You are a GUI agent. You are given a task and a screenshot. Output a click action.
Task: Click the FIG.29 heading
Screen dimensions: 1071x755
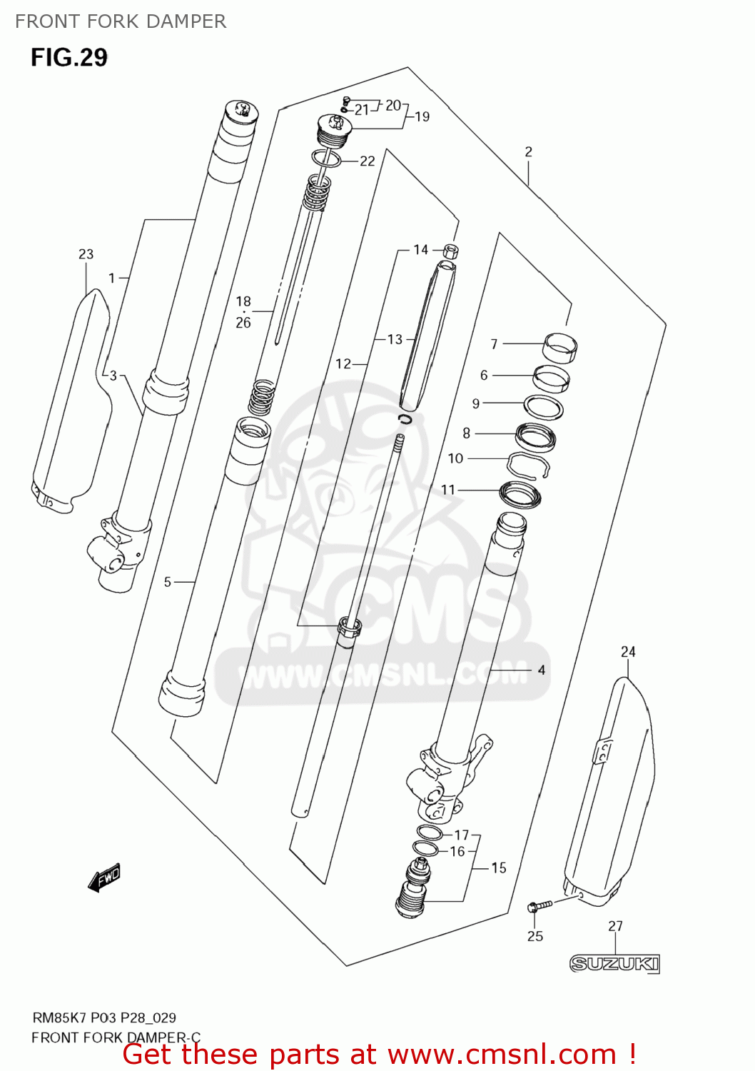pos(69,57)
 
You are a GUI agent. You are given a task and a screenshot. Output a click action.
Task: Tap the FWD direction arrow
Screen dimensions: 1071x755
pos(104,878)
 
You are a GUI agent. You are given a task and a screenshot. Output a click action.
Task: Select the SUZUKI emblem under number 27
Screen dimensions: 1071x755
pos(614,964)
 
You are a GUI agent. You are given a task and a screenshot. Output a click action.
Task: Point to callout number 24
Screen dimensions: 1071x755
pos(628,651)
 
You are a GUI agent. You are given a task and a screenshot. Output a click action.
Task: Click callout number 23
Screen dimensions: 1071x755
pos(86,254)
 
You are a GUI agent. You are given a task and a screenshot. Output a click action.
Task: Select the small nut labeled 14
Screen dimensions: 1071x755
pos(450,251)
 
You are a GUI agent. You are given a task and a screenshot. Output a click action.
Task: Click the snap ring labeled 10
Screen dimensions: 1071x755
pos(528,464)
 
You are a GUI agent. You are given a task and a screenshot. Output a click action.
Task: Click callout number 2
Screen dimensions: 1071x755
pos(528,151)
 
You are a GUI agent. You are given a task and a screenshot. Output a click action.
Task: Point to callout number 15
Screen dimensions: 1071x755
pos(499,868)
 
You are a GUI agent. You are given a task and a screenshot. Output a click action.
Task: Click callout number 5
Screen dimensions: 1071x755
pos(168,582)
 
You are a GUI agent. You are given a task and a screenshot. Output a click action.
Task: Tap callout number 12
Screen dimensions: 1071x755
pos(343,364)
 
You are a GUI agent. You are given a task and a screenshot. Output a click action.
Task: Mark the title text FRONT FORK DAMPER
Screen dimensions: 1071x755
pos(121,21)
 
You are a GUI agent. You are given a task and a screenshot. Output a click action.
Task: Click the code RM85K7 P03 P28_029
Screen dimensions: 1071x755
pos(104,1017)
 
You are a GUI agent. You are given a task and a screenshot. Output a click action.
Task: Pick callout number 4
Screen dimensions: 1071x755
pos(542,670)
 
